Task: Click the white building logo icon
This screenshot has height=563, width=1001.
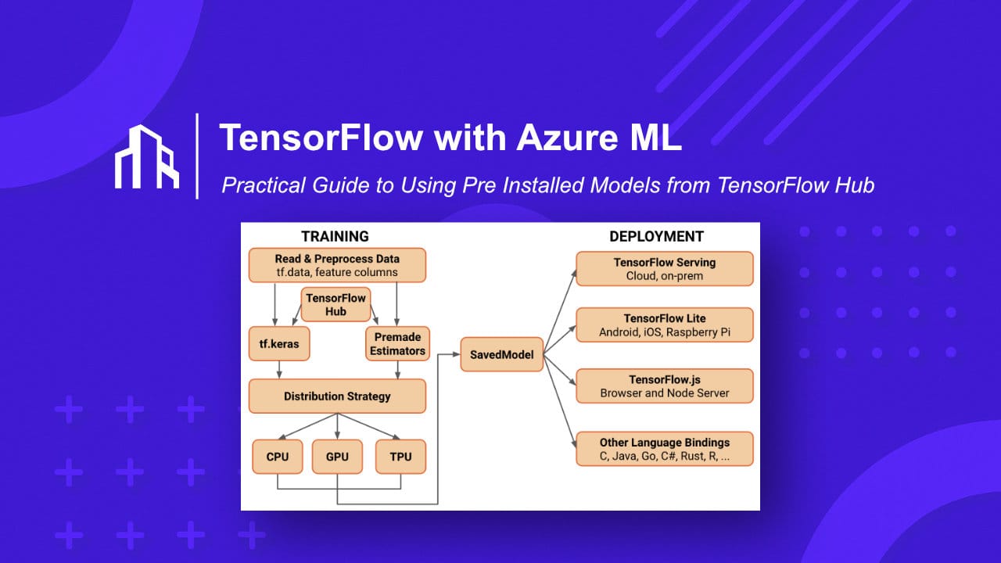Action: pos(147,156)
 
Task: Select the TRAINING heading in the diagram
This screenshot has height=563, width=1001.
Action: pos(335,236)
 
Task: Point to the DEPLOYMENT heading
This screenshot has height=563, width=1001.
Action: pos(656,236)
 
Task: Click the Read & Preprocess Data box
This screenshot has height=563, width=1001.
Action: pos(337,265)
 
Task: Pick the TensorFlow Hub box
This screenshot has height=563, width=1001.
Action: pos(336,305)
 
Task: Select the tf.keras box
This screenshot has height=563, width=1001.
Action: pos(274,343)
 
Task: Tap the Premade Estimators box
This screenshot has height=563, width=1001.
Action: pos(397,343)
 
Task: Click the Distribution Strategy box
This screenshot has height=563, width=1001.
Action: pos(337,396)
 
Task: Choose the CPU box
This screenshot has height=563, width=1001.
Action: pos(278,457)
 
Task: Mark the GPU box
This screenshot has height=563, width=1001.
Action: pos(337,457)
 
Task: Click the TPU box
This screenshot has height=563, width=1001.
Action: pos(400,457)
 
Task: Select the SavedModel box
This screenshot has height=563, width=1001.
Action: pos(501,354)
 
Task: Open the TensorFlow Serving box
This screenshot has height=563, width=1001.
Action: pos(665,268)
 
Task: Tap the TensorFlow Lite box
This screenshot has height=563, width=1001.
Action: pos(665,325)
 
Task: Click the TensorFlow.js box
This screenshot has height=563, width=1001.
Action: pos(665,386)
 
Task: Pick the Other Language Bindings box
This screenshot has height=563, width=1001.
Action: pos(665,449)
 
